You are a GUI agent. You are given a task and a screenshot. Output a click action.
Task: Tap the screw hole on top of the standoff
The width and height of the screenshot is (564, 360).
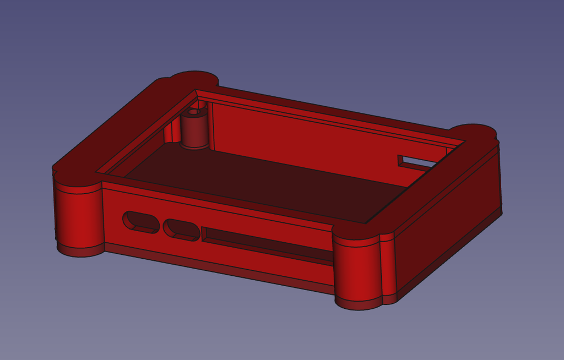[x=193, y=112]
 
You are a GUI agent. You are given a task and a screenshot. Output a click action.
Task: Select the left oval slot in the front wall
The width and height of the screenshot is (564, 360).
[x=138, y=221]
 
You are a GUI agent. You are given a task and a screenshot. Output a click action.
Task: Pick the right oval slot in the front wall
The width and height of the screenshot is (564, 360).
[x=181, y=229]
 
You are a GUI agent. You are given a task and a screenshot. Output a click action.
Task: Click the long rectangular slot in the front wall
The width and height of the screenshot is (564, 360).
[x=264, y=243]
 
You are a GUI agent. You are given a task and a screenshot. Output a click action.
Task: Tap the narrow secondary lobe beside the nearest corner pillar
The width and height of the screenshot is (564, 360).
[x=388, y=267]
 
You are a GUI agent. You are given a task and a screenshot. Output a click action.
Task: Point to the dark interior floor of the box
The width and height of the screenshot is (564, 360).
[x=264, y=182]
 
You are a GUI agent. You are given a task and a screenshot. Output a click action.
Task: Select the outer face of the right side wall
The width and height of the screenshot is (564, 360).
[x=449, y=220]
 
